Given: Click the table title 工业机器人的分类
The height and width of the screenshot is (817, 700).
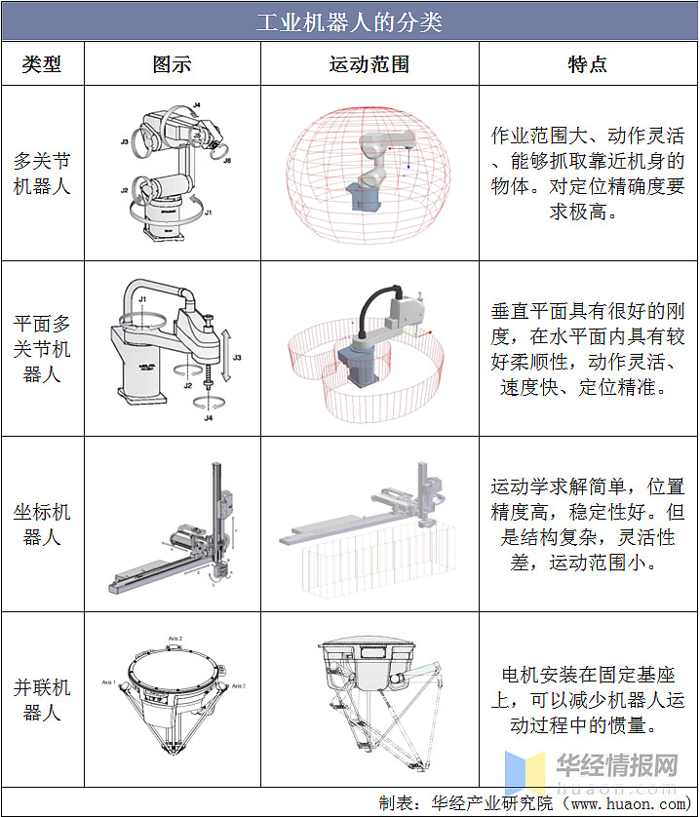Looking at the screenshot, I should [349, 21].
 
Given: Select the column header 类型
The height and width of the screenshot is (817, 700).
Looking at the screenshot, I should [42, 64].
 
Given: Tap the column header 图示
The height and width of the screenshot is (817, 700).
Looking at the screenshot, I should [172, 64].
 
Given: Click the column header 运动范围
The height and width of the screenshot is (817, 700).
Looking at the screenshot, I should [369, 64].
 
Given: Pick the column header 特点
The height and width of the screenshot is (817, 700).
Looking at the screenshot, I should [587, 64].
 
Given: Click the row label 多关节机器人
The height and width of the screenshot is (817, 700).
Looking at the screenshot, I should [42, 173].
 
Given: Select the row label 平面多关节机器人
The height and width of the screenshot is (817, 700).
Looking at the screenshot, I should [42, 348].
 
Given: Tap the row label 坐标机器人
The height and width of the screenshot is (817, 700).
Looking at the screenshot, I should [42, 525].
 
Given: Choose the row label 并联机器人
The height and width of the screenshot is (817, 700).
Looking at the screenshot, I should [42, 700].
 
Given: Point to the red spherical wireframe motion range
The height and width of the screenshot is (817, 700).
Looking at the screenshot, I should [369, 173].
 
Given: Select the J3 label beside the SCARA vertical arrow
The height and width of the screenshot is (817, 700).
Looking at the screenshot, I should [236, 358].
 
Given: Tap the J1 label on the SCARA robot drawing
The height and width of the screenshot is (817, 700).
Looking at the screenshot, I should [142, 298].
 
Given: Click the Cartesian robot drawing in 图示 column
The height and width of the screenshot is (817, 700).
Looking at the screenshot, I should [174, 531].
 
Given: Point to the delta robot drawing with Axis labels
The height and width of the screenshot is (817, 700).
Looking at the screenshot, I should [174, 697].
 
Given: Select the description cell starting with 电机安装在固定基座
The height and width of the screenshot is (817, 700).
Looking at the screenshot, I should [587, 700].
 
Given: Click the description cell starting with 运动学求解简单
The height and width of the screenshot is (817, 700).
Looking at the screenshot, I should [587, 525].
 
